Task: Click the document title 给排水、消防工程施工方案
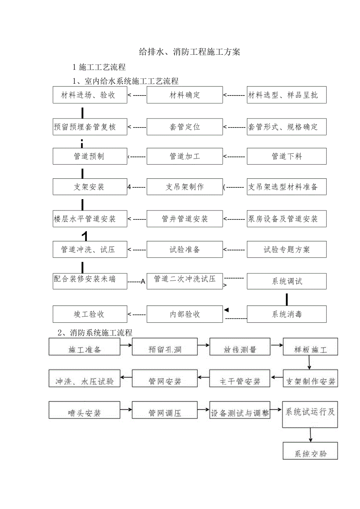click(x=190, y=52)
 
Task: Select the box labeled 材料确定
click(x=185, y=95)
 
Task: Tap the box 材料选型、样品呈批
click(x=286, y=95)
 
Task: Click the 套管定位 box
click(x=185, y=127)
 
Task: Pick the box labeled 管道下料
click(x=286, y=156)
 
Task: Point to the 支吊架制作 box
click(x=185, y=187)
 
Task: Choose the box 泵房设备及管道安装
click(x=286, y=219)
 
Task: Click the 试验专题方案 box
click(x=286, y=250)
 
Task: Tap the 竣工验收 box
click(x=90, y=314)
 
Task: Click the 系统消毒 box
click(x=286, y=314)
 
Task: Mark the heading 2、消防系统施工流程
click(x=95, y=333)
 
